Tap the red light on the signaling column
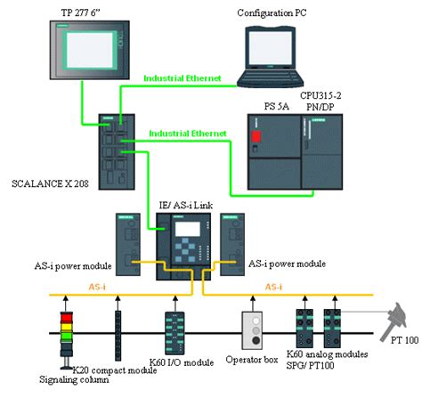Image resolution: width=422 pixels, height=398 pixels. (x=65, y=317)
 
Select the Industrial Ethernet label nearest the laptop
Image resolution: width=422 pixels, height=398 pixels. (x=182, y=79)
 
